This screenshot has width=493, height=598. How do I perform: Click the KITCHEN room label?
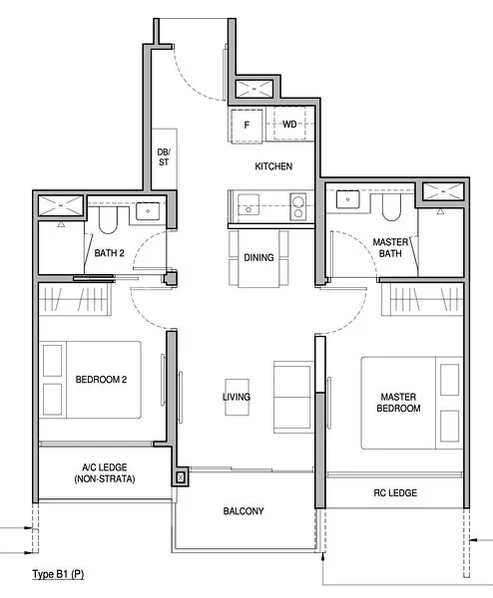(x=272, y=166)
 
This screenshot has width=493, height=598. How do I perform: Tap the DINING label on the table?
(x=258, y=258)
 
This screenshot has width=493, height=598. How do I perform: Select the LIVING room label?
(x=237, y=397)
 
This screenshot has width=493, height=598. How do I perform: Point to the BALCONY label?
(x=244, y=511)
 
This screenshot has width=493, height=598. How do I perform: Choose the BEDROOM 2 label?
(x=100, y=380)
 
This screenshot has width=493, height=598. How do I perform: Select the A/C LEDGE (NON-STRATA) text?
(x=103, y=472)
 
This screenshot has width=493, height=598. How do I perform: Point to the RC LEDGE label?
(x=396, y=493)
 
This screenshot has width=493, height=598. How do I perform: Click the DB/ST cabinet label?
(x=164, y=157)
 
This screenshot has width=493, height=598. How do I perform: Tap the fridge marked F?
(x=247, y=125)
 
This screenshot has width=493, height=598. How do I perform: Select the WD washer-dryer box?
(x=289, y=125)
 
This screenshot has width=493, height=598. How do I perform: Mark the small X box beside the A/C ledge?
(x=180, y=478)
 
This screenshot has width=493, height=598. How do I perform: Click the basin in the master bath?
(x=348, y=198)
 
